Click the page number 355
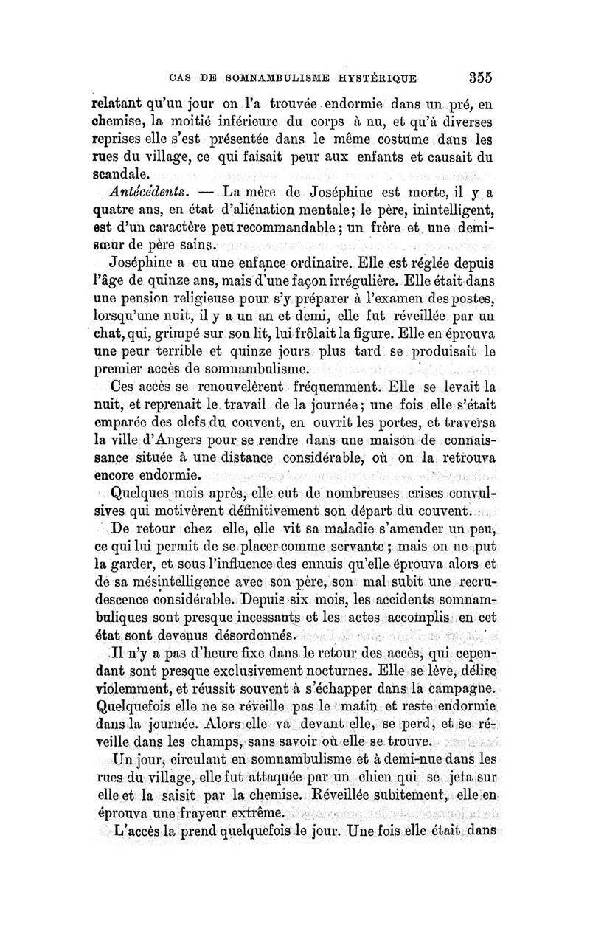[479, 77]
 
